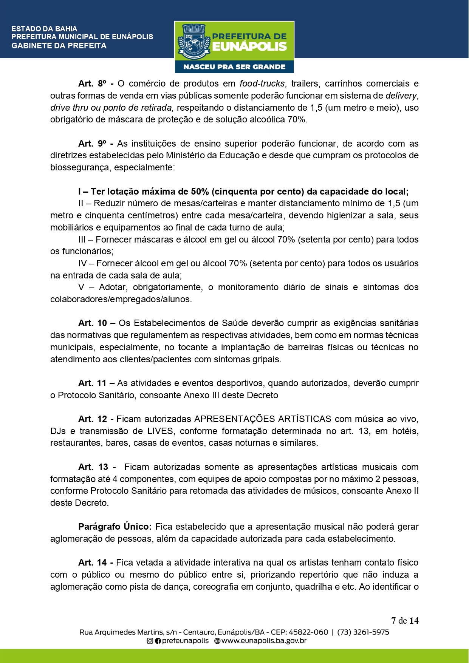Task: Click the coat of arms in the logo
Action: pyautogui.click(x=193, y=42)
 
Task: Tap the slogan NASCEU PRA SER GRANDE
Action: pyautogui.click(x=234, y=67)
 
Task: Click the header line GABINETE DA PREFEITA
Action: pyautogui.click(x=59, y=46)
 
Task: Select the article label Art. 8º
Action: pyautogui.click(x=92, y=83)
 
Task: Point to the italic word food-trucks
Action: pyautogui.click(x=262, y=83)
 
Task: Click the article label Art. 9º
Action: pyautogui.click(x=92, y=144)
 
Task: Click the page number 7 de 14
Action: pyautogui.click(x=405, y=621)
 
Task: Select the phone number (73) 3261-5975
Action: pyautogui.click(x=363, y=632)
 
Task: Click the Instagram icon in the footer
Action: pyautogui.click(x=150, y=641)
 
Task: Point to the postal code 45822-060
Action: pyautogui.click(x=308, y=632)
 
